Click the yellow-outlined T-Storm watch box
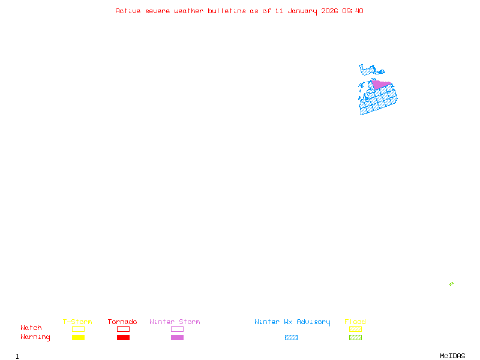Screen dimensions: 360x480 pos(78,329)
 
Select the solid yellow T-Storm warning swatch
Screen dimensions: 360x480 pos(78,338)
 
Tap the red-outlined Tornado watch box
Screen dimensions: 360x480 pos(123,329)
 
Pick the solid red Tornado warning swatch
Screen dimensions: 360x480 pos(123,338)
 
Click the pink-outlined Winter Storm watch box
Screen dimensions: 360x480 pos(177,329)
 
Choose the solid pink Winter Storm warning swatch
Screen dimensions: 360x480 pos(177,338)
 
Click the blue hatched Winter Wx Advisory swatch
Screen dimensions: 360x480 pos(291,338)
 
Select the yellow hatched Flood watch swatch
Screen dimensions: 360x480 pos(355,329)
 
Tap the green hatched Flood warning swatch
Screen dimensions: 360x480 pos(355,338)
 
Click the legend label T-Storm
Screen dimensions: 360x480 pos(77,322)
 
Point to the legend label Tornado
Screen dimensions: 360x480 pos(122,322)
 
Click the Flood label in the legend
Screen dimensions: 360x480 pos(355,322)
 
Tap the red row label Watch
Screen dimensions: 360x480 pos(31,328)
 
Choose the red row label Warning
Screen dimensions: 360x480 pos(35,337)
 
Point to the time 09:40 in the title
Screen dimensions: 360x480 pos(353,11)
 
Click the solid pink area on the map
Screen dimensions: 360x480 pos(380,85)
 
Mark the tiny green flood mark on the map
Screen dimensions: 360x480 pos(451,284)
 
